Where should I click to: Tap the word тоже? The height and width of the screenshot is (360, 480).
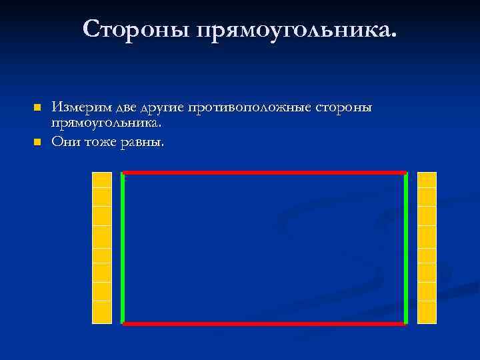pos(101,142)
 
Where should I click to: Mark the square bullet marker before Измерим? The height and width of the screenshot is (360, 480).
pos(37,107)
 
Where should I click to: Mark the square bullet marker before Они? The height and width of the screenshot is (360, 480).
pos(37,142)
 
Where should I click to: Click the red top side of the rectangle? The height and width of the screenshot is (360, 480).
pos(265,173)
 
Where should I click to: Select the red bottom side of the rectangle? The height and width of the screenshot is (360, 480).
pos(265,324)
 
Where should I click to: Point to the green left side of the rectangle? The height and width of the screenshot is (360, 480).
pos(123,248)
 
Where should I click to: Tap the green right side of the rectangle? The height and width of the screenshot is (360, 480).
pos(406,248)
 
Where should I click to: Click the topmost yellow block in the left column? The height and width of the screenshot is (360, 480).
pos(102,180)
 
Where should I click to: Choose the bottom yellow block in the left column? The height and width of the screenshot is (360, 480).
pos(102,312)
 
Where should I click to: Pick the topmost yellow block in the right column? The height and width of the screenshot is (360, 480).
pos(427,180)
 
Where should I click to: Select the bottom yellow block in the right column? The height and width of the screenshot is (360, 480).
pos(427,312)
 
